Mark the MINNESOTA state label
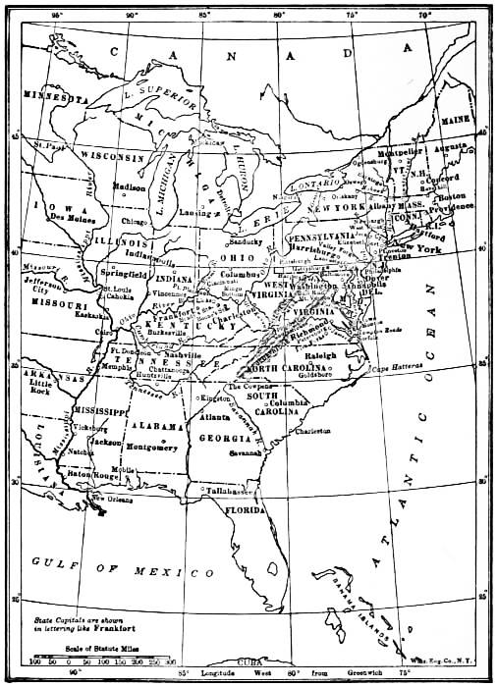[47, 101]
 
